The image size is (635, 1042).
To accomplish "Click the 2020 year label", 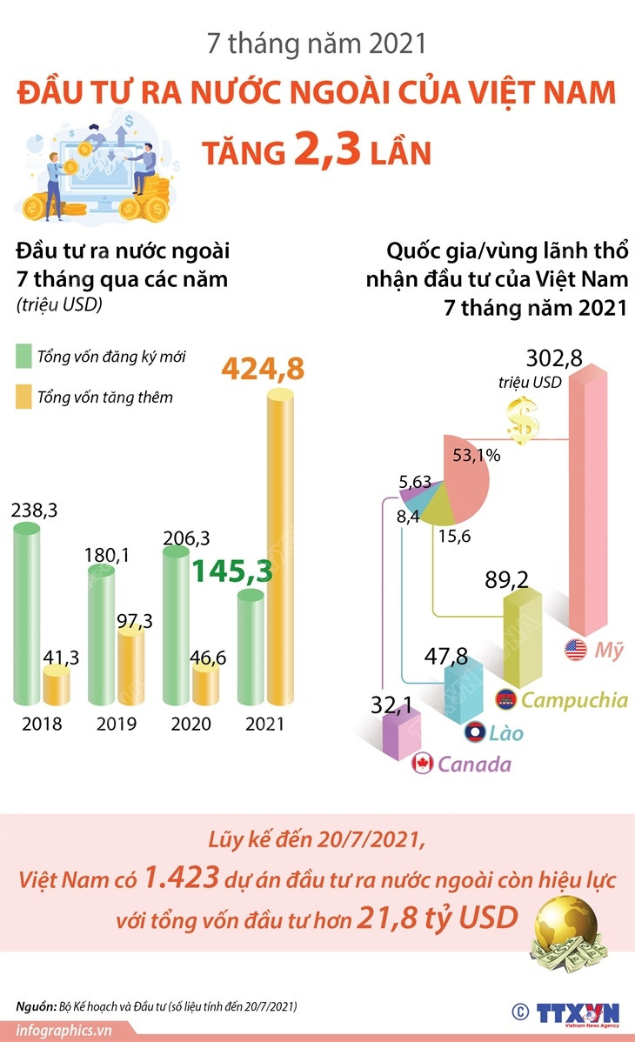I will tap(192, 724).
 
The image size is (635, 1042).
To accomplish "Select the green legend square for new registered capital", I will tap(23, 357).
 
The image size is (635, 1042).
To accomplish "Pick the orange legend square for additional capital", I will tap(23, 397).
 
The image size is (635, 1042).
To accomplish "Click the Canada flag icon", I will tap(423, 764).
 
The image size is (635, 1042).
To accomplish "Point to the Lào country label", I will tap(505, 732).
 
